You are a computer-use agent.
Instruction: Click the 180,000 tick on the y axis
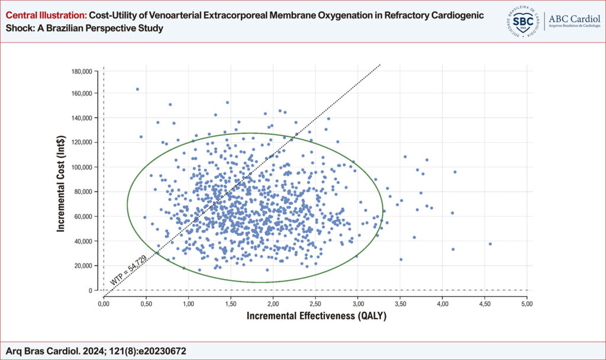click(x=82, y=72)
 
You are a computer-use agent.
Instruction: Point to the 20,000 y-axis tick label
click(x=83, y=266)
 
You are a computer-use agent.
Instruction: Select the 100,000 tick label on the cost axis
click(x=82, y=168)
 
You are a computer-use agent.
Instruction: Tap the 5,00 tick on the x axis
click(x=527, y=304)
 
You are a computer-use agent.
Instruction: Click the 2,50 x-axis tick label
click(x=315, y=304)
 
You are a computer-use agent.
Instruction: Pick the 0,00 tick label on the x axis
click(x=104, y=304)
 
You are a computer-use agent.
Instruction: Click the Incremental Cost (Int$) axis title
click(x=61, y=184)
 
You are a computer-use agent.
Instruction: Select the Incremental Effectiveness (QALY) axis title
click(x=317, y=316)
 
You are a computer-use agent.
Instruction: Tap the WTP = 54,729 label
click(x=128, y=270)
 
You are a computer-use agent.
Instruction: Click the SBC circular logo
click(x=523, y=21)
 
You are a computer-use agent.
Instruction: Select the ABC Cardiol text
click(x=574, y=19)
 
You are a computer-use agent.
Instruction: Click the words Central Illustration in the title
click(x=46, y=15)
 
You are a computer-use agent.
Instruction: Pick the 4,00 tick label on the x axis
click(x=443, y=304)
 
